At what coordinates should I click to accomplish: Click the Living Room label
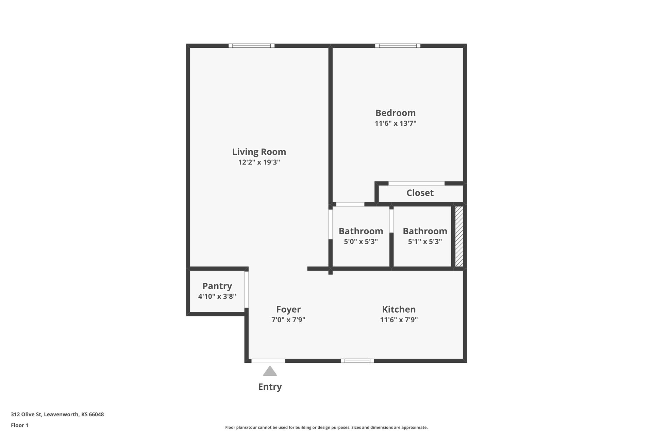(x=259, y=152)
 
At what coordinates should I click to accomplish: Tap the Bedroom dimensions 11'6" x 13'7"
(x=396, y=123)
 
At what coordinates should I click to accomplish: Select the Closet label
(x=420, y=193)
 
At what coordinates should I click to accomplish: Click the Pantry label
(x=217, y=286)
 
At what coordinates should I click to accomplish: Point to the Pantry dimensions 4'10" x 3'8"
(x=217, y=296)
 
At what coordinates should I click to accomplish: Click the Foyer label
(x=288, y=310)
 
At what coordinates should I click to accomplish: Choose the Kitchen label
(x=399, y=309)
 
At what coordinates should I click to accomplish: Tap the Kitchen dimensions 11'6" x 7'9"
(x=399, y=320)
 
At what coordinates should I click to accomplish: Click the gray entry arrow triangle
(x=270, y=371)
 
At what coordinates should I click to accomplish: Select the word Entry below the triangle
(x=270, y=387)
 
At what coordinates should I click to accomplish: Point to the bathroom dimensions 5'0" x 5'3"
(x=361, y=242)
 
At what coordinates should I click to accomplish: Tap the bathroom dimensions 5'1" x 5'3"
(x=425, y=242)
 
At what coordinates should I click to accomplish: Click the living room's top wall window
(x=251, y=46)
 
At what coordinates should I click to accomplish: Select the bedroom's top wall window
(x=398, y=46)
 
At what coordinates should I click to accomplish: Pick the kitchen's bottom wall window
(x=357, y=361)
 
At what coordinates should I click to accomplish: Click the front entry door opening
(x=268, y=361)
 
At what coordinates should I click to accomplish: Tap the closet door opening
(x=417, y=183)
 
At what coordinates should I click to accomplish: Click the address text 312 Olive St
(x=26, y=415)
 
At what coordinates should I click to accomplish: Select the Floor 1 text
(x=20, y=425)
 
